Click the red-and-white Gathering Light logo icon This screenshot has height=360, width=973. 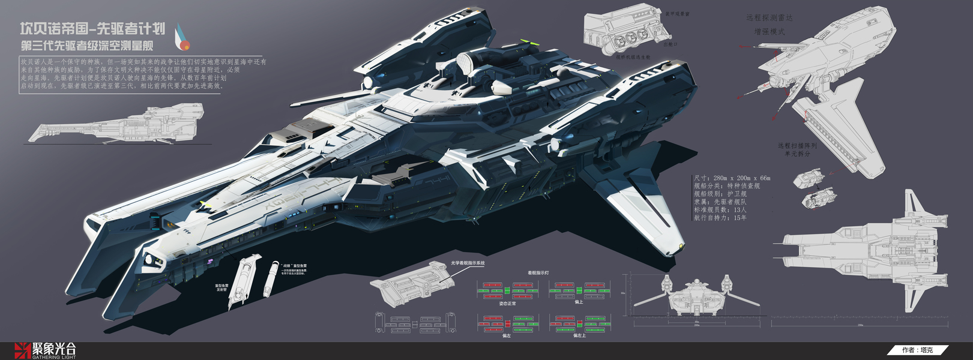tap(22, 350)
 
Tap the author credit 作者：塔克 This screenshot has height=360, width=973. tap(917, 350)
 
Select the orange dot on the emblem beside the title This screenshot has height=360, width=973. tap(185, 46)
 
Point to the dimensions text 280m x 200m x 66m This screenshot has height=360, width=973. tap(732, 178)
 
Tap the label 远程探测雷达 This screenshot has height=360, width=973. tap(769, 18)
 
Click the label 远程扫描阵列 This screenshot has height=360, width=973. tap(797, 146)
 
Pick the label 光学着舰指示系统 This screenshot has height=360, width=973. tap(468, 263)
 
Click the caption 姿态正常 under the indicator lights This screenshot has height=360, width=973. tap(507, 304)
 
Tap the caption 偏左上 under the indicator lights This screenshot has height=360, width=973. tap(579, 335)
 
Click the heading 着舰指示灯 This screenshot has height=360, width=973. tap(538, 273)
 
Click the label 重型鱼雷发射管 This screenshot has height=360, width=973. tap(222, 287)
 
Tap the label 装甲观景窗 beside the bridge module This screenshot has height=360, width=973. tap(677, 14)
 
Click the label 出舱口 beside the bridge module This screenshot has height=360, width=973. tap(670, 44)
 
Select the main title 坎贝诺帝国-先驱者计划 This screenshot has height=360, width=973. tap(92, 29)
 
